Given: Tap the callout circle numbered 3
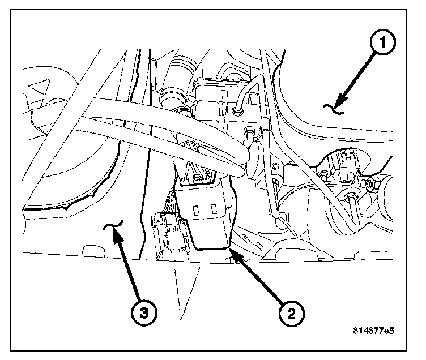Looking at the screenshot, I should coord(146,311).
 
